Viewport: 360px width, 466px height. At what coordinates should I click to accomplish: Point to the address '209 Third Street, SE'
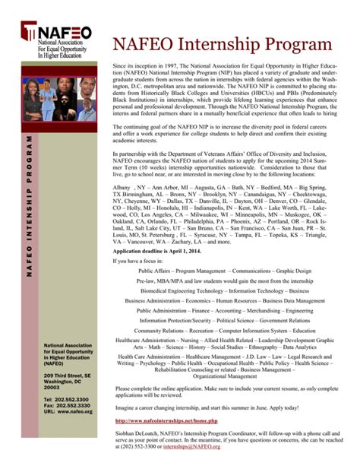coord(67,376)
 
